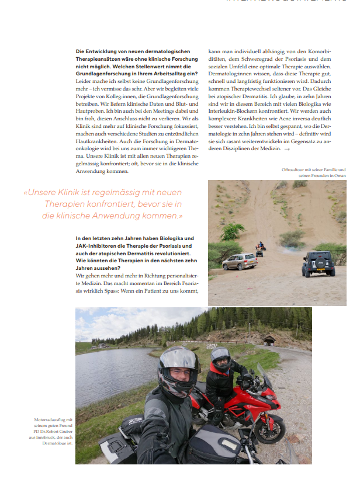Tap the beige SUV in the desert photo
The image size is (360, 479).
coord(239,261)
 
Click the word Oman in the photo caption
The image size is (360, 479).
coord(340,176)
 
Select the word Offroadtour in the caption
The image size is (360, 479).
coord(293,169)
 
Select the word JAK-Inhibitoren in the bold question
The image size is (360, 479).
coord(96,246)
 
